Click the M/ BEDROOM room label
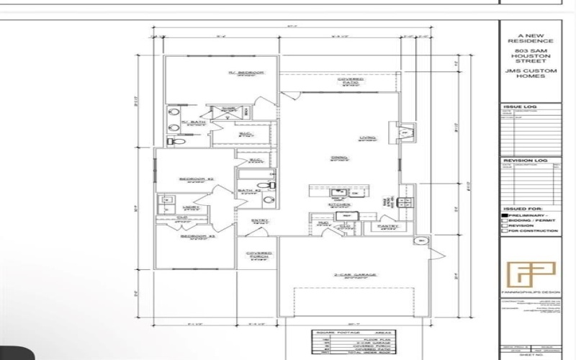click(x=247, y=73)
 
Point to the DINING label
click(x=339, y=158)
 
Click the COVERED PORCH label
click(x=258, y=254)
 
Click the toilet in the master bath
click(x=174, y=143)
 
